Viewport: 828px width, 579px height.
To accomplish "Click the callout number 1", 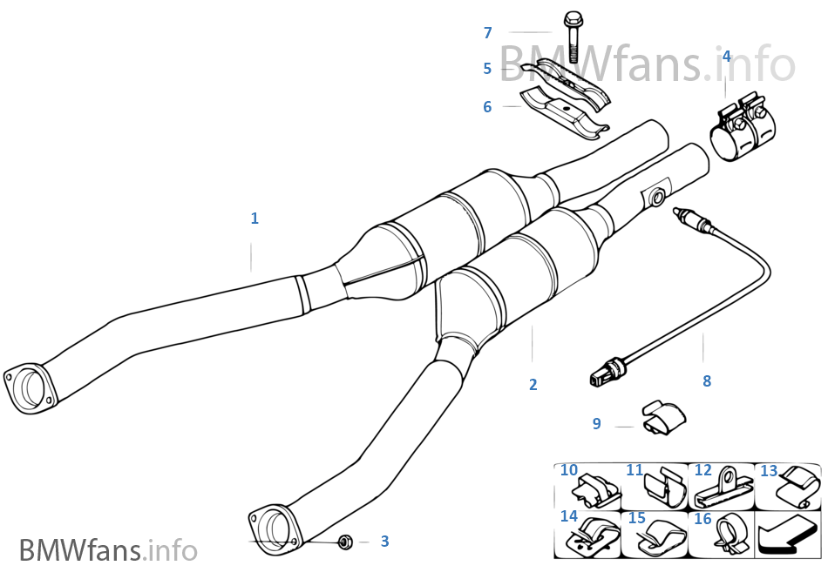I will [x=255, y=219].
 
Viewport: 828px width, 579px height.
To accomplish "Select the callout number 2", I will [x=533, y=384].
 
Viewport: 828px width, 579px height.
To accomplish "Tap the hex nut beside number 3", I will [x=343, y=542].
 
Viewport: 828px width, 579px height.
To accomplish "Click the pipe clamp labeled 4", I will [x=740, y=131].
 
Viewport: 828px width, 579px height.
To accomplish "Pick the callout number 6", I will [x=487, y=107].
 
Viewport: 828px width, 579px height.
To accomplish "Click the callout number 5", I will [x=488, y=68].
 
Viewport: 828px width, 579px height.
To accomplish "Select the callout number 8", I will [x=707, y=380].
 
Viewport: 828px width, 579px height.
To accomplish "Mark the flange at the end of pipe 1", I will [x=26, y=386].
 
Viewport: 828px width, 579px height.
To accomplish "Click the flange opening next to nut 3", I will [x=276, y=527].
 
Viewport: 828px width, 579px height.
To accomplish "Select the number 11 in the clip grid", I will [x=634, y=470].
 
